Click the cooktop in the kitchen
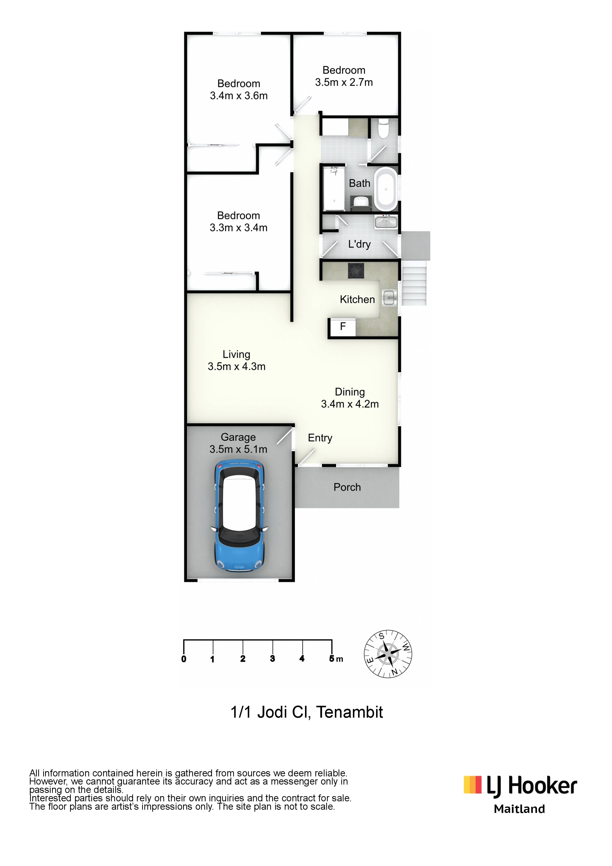[x=356, y=270]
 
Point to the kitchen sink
[x=389, y=297]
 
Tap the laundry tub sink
[x=386, y=222]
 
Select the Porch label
[x=347, y=487]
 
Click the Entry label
[x=320, y=438]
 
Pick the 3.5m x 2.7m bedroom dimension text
[x=344, y=82]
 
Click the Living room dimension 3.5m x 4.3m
[x=236, y=366]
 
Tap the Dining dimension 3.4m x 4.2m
[x=349, y=404]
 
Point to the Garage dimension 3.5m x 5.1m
[x=238, y=449]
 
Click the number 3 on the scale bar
[x=272, y=659]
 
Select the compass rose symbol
[x=388, y=654]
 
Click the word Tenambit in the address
[x=349, y=712]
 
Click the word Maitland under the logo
[x=519, y=809]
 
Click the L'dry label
[x=359, y=244]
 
